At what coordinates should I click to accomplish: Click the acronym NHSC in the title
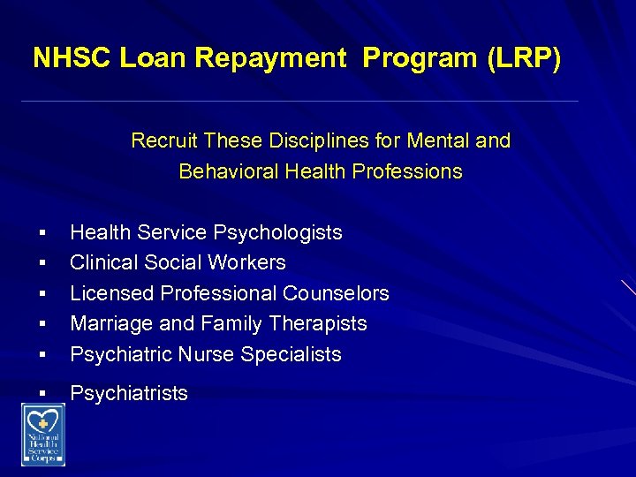73,58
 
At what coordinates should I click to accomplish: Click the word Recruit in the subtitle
164,140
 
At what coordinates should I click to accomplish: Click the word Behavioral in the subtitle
229,171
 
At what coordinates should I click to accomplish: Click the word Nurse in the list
206,354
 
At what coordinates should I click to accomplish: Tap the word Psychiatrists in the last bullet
129,394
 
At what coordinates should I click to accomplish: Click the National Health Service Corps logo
43,434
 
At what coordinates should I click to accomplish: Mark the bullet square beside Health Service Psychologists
42,234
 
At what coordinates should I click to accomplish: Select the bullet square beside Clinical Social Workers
42,264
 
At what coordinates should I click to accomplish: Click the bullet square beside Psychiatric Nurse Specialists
42,355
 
